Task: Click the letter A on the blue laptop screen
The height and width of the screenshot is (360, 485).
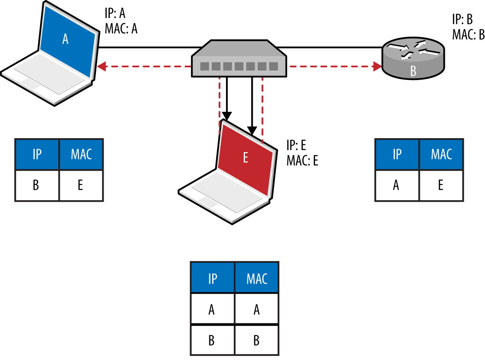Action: [x=65, y=39]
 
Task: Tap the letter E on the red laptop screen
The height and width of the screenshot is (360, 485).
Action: [x=245, y=157]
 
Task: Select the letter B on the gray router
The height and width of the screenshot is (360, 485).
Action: [x=413, y=71]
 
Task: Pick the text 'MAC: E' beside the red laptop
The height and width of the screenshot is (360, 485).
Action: [x=302, y=160]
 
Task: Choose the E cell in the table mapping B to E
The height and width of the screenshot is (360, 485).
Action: [x=81, y=185]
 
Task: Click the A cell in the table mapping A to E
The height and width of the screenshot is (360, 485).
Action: [x=397, y=185]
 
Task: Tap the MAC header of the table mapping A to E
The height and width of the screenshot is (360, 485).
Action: [x=441, y=154]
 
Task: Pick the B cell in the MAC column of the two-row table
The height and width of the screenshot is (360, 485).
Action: [x=256, y=340]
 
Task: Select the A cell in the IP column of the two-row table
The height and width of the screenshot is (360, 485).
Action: [x=212, y=309]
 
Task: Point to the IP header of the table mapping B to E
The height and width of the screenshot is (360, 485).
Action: [x=37, y=154]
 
